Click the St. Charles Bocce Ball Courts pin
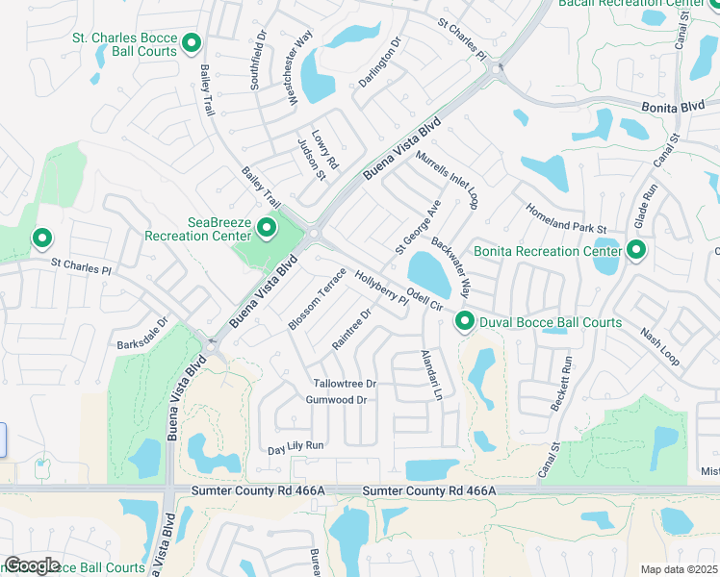192,42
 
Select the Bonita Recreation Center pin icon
635,251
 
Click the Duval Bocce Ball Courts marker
465,322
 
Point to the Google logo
32,565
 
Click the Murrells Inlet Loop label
448,178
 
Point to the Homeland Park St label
565,218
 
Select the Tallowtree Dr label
341,383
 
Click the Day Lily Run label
296,447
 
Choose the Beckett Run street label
561,385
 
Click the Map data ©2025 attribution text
679,569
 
